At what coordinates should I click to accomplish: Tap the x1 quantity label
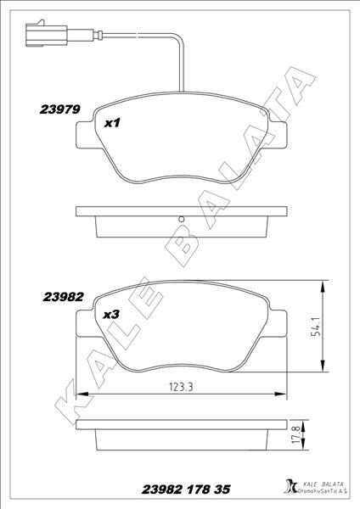coord(112,123)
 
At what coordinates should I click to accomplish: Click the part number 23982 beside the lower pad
coord(60,297)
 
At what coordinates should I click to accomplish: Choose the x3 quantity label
coord(110,314)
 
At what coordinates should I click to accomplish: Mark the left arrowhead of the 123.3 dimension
coord(81,394)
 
